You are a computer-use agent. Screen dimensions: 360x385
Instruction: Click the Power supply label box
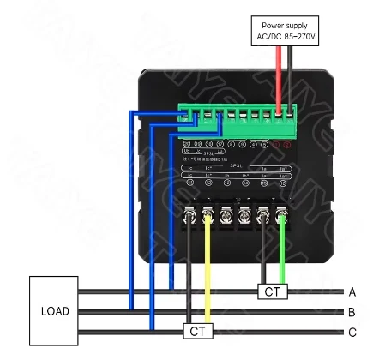click(x=284, y=29)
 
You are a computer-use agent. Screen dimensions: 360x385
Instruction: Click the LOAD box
click(x=55, y=310)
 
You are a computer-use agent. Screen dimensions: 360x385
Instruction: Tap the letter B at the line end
click(x=352, y=312)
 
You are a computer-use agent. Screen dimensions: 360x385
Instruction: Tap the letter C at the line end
click(x=352, y=333)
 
